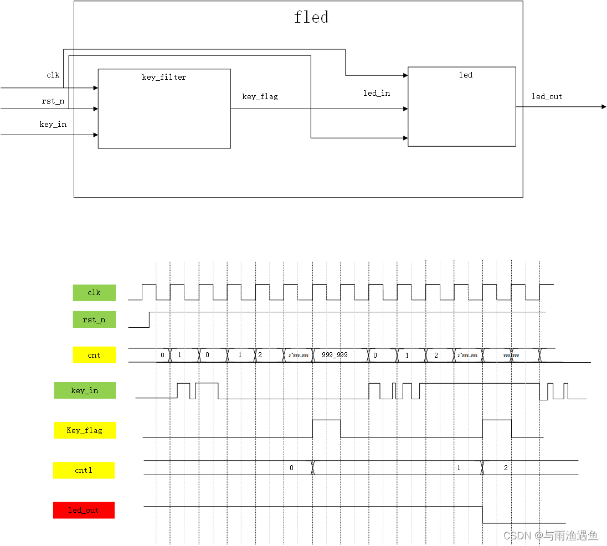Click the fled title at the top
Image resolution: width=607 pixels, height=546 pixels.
(311, 17)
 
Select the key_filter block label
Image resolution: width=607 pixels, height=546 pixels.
(164, 77)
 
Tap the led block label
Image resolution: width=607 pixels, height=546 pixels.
(466, 75)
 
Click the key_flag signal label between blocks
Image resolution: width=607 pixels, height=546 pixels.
(260, 96)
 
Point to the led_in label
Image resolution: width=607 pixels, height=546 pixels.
(377, 93)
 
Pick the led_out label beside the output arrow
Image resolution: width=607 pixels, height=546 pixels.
(547, 96)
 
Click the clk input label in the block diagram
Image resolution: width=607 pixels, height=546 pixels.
(53, 75)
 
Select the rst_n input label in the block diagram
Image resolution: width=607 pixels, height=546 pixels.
(53, 101)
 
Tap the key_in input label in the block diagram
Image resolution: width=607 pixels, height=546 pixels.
(53, 124)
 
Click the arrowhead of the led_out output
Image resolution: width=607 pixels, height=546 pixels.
(603, 106)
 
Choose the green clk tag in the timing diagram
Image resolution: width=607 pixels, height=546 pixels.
(94, 292)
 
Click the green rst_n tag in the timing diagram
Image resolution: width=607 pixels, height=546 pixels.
(94, 320)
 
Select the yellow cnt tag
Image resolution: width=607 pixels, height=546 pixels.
(94, 355)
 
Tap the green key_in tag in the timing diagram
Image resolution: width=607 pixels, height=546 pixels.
(85, 390)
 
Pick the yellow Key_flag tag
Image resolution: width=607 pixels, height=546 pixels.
(85, 430)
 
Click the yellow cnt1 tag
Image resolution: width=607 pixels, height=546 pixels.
(84, 470)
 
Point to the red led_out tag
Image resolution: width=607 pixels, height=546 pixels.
(84, 510)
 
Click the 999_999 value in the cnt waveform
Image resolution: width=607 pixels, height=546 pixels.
(335, 354)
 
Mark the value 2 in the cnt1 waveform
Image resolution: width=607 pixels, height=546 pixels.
(506, 468)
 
